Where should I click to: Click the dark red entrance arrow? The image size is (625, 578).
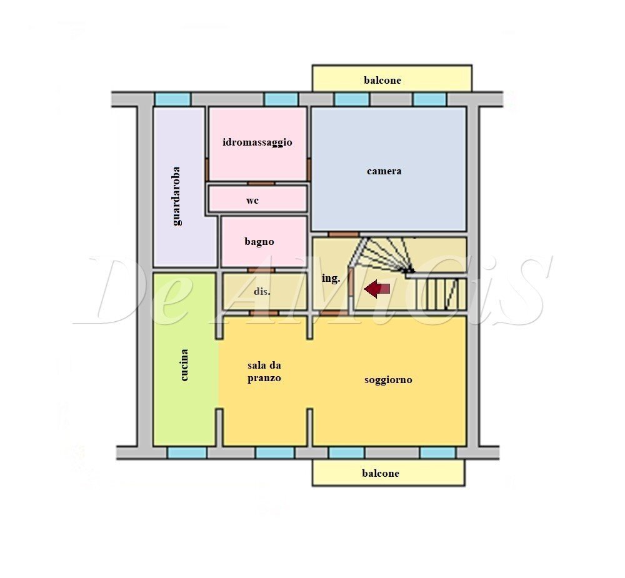(377, 289)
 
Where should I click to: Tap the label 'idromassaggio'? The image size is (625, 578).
(257, 142)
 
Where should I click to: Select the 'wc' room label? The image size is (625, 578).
(252, 201)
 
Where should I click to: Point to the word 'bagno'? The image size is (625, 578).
(259, 242)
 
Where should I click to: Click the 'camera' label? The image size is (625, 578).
(384, 171)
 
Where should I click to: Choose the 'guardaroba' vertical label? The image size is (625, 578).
(177, 196)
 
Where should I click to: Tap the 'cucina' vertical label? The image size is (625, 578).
(184, 365)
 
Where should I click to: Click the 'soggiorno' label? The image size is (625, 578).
(388, 379)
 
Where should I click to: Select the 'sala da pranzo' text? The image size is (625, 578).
(264, 372)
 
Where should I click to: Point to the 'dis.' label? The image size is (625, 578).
(262, 291)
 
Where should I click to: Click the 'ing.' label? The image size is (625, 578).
(331, 279)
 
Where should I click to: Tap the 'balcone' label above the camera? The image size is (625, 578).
(382, 80)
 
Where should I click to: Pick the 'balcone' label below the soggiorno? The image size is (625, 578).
(380, 473)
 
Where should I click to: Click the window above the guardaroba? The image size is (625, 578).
(172, 99)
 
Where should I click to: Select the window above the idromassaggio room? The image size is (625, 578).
(281, 99)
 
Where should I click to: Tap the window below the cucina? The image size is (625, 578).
(187, 452)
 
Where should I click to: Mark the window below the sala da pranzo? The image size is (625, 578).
(275, 452)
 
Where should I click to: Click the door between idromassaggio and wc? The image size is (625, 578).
(261, 183)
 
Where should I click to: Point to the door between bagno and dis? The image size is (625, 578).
(261, 271)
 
